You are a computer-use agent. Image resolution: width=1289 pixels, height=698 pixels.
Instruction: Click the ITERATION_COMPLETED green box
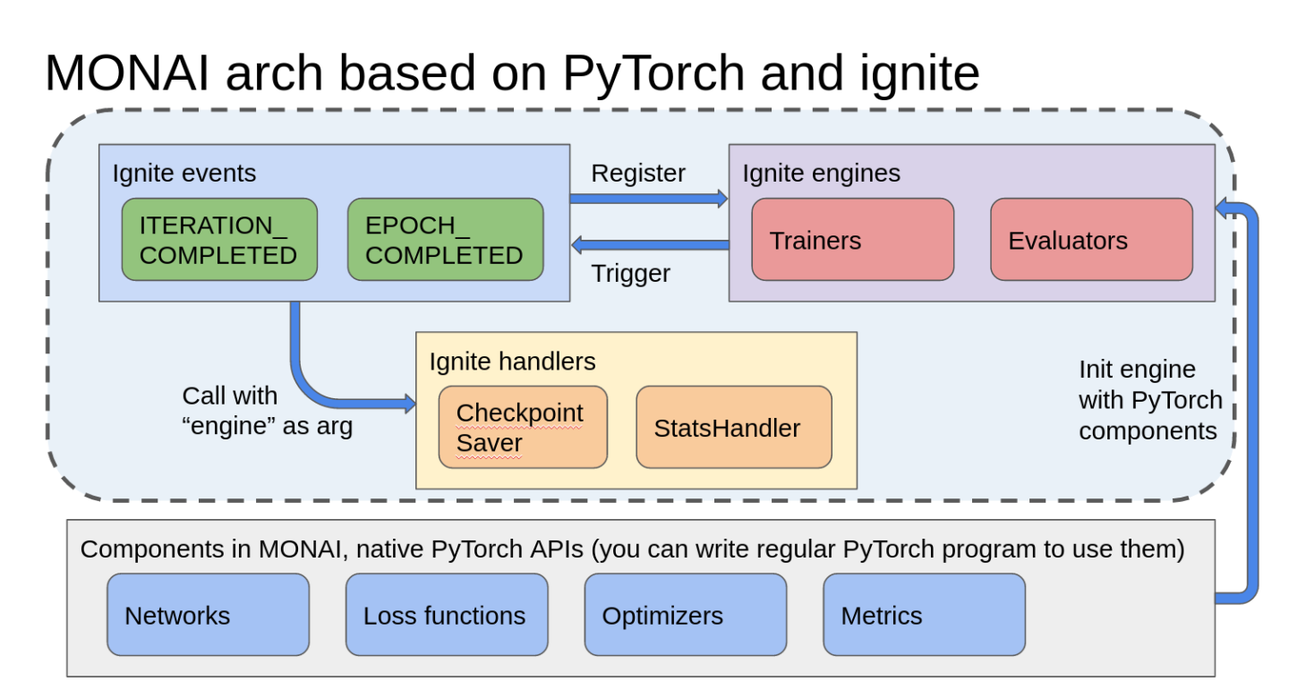(x=219, y=240)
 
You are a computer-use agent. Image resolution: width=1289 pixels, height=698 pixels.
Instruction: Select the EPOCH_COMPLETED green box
(x=445, y=240)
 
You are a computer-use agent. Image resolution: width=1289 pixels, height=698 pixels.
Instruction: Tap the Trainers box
(x=852, y=240)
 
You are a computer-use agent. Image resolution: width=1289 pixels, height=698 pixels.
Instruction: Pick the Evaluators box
(x=1091, y=240)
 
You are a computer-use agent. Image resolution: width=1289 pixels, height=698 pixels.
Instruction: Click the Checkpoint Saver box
(x=523, y=428)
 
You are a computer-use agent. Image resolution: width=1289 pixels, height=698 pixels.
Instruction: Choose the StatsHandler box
(x=733, y=428)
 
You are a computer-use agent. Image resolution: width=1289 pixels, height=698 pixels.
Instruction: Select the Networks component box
(x=208, y=615)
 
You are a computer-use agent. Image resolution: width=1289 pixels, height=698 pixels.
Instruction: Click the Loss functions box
(x=447, y=615)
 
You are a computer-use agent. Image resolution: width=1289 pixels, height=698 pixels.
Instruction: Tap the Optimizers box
(x=685, y=615)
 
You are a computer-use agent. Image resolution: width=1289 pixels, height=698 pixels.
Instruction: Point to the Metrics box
(x=924, y=615)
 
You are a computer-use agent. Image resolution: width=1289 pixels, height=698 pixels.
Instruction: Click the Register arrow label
(x=638, y=173)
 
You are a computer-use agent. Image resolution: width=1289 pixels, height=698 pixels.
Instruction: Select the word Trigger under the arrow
(x=630, y=273)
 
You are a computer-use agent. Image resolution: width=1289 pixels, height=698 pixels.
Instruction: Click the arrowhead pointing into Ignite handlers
(x=410, y=404)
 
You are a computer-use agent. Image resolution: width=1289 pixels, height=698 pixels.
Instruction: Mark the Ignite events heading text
(x=184, y=173)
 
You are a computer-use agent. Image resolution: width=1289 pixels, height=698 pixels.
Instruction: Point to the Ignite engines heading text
(x=821, y=173)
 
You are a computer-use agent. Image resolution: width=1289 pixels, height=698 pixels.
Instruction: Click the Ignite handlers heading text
(x=512, y=361)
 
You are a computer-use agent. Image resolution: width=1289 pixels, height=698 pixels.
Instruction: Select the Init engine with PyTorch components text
(x=1149, y=400)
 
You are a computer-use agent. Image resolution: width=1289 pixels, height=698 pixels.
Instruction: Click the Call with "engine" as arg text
(x=267, y=411)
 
